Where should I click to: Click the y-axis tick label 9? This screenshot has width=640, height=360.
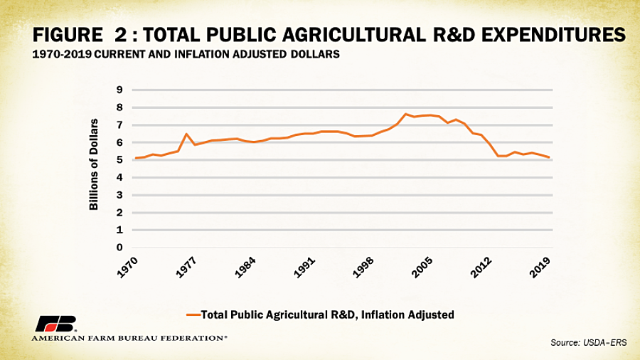[120, 90]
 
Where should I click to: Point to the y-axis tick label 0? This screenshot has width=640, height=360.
[120, 248]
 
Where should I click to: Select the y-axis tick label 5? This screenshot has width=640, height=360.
[120, 160]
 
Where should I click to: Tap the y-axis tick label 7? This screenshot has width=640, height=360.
[120, 125]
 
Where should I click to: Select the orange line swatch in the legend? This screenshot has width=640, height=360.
[193, 314]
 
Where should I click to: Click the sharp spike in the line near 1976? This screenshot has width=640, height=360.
[186, 134]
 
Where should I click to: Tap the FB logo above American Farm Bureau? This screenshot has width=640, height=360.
[56, 323]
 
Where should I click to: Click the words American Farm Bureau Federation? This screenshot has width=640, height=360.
[129, 338]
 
